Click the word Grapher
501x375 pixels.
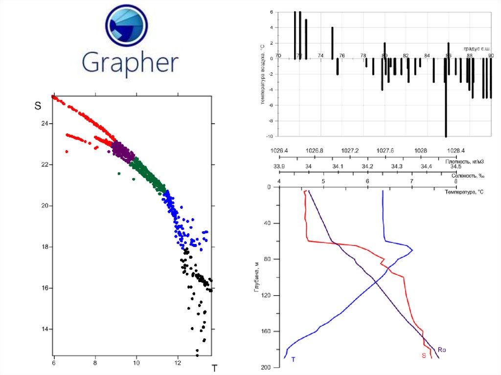[130, 63]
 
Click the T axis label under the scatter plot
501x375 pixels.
[214, 369]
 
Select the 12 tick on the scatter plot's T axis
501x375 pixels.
[178, 363]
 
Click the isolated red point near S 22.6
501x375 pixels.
[67, 152]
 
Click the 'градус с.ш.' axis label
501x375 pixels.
[477, 49]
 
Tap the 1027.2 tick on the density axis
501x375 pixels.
[350, 151]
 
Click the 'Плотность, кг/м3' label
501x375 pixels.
[464, 161]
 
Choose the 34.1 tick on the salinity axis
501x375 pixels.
[338, 167]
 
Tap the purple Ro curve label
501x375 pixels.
[442, 350]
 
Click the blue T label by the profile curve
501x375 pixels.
[293, 360]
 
